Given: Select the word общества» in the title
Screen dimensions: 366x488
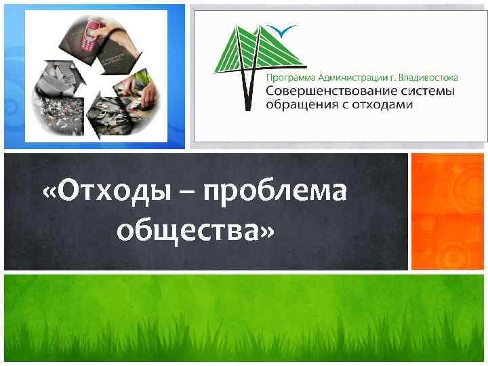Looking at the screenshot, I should coord(196,231).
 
